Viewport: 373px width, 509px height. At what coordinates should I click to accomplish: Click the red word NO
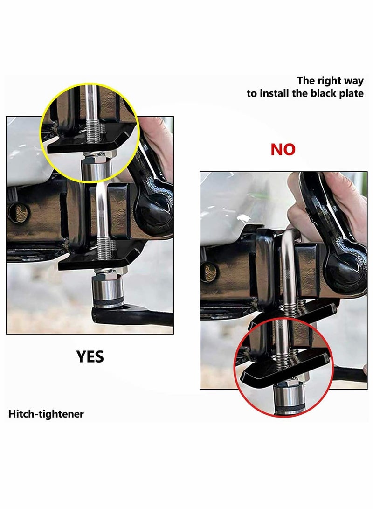pyautogui.click(x=283, y=149)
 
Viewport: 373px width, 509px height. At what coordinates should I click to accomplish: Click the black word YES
pyautogui.click(x=90, y=356)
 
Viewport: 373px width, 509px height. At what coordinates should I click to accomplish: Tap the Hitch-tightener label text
pyautogui.click(x=46, y=414)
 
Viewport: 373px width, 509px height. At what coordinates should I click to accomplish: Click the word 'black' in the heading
pyautogui.click(x=323, y=93)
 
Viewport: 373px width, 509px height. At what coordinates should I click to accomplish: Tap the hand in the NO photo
pyautogui.click(x=303, y=205)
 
